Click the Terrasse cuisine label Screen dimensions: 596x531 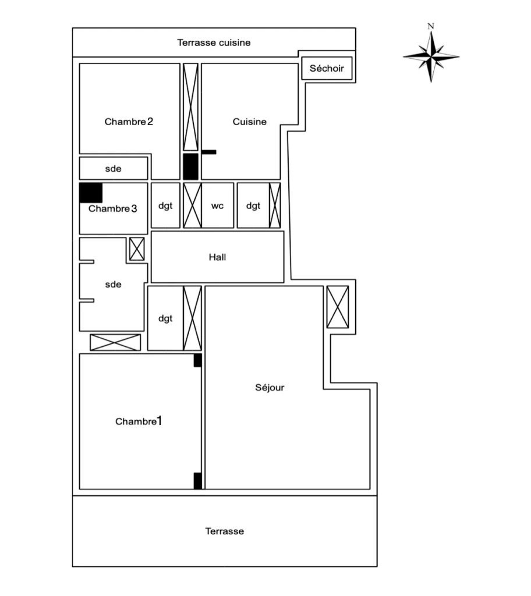214,42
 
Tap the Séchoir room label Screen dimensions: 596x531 327,69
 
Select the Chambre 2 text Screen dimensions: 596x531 129,122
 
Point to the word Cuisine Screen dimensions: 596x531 250,122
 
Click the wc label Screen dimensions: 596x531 217,205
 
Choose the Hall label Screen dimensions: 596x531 217,257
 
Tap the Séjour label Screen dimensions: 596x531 270,388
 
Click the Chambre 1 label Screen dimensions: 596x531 139,421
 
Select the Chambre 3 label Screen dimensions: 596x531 113,209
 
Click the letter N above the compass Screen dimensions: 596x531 431,26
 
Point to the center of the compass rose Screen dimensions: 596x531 431,57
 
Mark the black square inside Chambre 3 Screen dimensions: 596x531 91,193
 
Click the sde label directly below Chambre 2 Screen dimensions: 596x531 113,169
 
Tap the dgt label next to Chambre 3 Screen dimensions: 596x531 165,205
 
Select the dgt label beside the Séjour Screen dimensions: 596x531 165,318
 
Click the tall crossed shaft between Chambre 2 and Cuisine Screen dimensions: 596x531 190,107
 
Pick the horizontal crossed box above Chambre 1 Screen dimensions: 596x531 115,342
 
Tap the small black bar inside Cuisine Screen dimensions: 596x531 209,152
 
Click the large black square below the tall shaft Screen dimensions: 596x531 190,167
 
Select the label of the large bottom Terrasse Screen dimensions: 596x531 224,531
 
